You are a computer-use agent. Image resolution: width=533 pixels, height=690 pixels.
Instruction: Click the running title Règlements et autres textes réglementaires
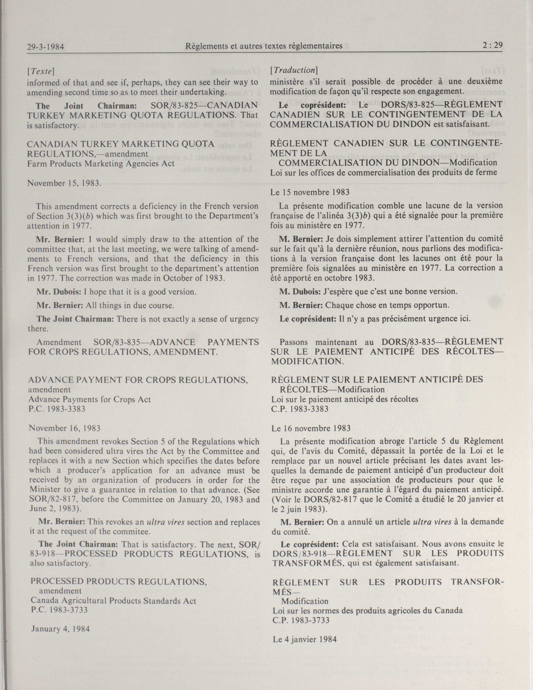264,46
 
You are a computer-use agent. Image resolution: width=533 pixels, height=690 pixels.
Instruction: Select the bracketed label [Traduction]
294,70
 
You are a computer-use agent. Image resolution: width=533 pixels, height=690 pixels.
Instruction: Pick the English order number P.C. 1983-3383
57,409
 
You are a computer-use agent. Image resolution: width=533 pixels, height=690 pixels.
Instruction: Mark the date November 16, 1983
64,428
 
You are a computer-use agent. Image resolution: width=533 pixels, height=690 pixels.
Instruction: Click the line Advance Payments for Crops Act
89,399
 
